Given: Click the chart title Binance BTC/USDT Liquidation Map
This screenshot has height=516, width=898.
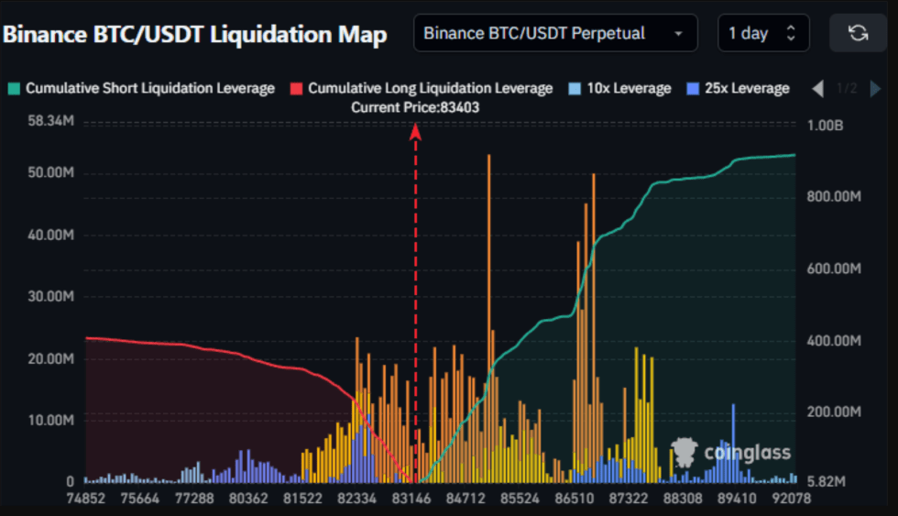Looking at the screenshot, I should pyautogui.click(x=195, y=35).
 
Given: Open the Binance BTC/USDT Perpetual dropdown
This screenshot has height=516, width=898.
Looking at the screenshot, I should pyautogui.click(x=554, y=34).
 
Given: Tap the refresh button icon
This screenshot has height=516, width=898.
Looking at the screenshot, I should pyautogui.click(x=858, y=34).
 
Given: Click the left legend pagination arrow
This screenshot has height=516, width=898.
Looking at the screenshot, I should pyautogui.click(x=818, y=89).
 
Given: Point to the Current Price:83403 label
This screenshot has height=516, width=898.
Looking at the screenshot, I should pyautogui.click(x=415, y=107).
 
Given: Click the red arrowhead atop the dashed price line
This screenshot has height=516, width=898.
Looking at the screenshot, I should pyautogui.click(x=415, y=131).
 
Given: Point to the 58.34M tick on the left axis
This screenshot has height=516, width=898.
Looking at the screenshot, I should pyautogui.click(x=50, y=121).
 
